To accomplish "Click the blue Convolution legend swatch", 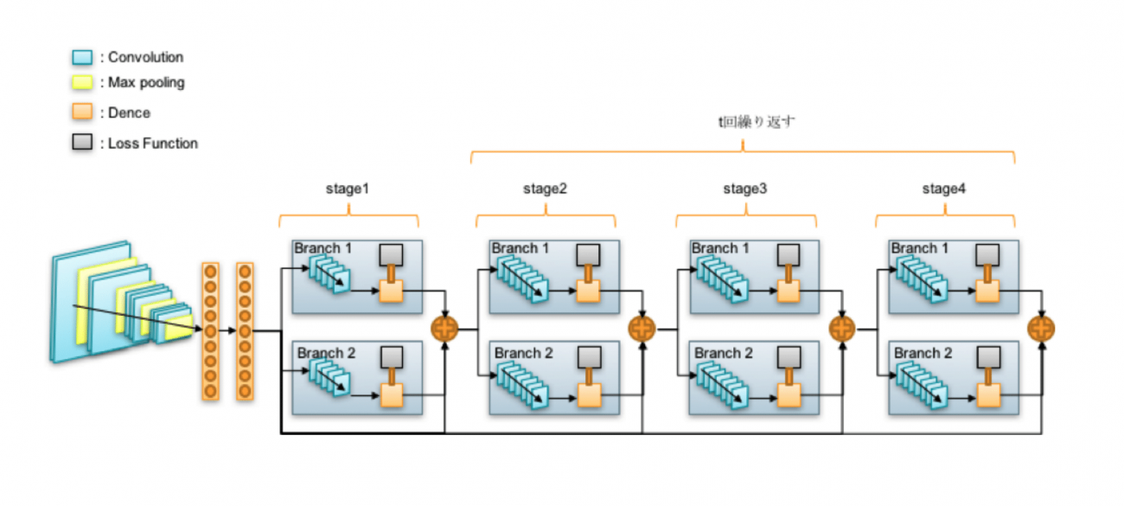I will pos(81,58).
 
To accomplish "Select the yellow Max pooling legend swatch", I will pos(81,83).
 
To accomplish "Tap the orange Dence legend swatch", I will pos(81,112).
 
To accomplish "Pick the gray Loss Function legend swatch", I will pos(81,143).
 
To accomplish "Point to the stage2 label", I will pos(546,188).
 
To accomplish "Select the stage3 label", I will pos(745,188).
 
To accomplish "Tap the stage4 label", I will pos(945,188).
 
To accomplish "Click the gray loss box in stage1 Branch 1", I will pos(392,254).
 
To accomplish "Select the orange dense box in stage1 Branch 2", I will pos(392,395).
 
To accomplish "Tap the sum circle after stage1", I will pos(444,328).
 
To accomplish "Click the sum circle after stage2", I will pos(642,328).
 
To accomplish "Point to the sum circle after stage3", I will pos(842,328).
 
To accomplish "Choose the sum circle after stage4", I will pos(1042,328).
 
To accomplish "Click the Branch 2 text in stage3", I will pos(724,353).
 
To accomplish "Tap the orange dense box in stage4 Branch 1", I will pos(987,291).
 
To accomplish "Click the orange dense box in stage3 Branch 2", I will pos(789,395).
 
